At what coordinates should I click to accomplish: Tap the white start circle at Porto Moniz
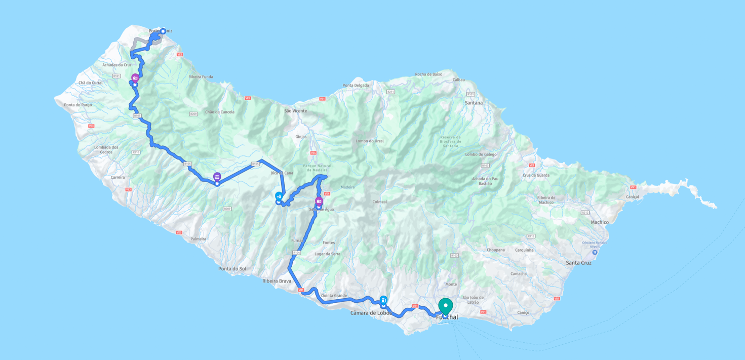[x=163, y=31]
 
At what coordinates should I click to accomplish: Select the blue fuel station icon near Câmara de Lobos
[x=383, y=300]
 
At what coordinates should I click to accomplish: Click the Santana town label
[x=474, y=103]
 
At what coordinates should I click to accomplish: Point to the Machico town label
[x=600, y=222]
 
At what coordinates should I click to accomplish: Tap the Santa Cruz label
[x=578, y=263]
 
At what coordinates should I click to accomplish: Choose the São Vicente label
[x=295, y=111]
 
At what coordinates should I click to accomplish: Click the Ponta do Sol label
[x=232, y=269]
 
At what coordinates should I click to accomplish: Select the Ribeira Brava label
[x=277, y=281]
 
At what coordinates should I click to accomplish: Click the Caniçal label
[x=632, y=197]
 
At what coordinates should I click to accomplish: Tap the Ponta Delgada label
[x=355, y=86]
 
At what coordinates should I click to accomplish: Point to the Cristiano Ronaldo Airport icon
[x=595, y=252]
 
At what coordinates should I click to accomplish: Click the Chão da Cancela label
[x=219, y=112]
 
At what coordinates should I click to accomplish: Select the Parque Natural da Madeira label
[x=317, y=168]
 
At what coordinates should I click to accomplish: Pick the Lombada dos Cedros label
[x=106, y=149]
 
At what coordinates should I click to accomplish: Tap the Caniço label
[x=523, y=313]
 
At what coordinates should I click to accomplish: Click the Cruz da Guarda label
[x=536, y=176]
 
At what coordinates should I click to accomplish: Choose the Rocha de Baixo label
[x=428, y=74]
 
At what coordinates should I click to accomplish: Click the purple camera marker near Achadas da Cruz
[x=135, y=78]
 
